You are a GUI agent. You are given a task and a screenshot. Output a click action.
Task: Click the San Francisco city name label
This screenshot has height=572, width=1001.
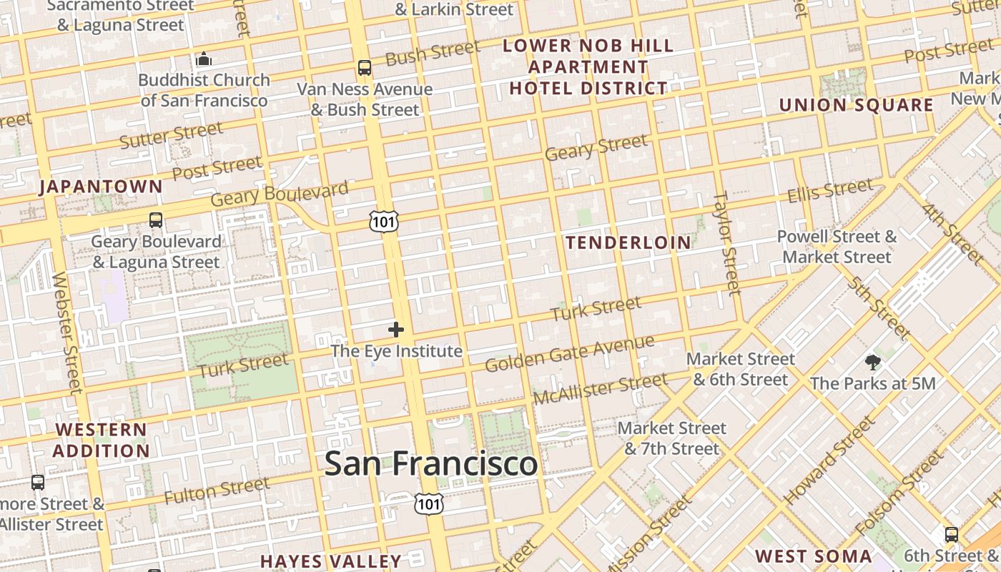click(x=430, y=463)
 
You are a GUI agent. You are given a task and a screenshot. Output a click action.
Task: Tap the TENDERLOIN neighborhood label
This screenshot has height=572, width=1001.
click(x=628, y=242)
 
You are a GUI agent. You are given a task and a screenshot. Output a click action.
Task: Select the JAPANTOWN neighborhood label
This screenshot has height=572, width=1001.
click(x=101, y=187)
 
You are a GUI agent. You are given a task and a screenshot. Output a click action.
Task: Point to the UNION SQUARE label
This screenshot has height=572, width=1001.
click(x=856, y=105)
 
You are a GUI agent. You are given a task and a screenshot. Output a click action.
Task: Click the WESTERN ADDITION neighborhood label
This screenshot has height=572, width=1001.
click(x=101, y=440)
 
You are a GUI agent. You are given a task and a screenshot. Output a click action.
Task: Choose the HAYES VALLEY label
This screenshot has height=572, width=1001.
click(x=330, y=561)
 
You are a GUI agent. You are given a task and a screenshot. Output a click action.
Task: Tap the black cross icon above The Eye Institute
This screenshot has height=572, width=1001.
click(x=396, y=330)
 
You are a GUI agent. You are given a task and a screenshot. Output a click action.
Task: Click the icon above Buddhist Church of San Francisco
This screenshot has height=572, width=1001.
click(x=204, y=59)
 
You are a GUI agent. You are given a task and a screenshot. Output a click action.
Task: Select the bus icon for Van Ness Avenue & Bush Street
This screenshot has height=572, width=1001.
click(x=365, y=68)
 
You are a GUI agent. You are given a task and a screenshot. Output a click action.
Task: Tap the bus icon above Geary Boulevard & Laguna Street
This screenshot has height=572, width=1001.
click(x=156, y=220)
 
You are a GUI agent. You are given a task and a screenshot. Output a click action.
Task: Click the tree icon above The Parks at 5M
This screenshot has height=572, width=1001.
click(x=872, y=362)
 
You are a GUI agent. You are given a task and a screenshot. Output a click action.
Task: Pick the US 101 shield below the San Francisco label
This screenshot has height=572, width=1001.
click(x=429, y=503)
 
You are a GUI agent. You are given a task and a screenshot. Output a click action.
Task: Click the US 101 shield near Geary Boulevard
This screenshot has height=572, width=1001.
click(x=383, y=222)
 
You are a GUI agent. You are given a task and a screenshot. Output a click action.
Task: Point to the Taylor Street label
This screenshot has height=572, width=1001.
click(x=727, y=243)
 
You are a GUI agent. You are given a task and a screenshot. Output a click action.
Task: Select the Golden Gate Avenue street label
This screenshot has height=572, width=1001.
click(x=569, y=353)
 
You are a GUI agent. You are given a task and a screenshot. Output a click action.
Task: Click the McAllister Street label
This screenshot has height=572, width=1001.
click(x=600, y=388)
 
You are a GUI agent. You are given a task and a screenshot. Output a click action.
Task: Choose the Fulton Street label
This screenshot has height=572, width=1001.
click(x=217, y=490)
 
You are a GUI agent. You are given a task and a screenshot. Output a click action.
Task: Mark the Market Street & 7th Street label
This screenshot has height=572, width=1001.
click(x=672, y=438)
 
